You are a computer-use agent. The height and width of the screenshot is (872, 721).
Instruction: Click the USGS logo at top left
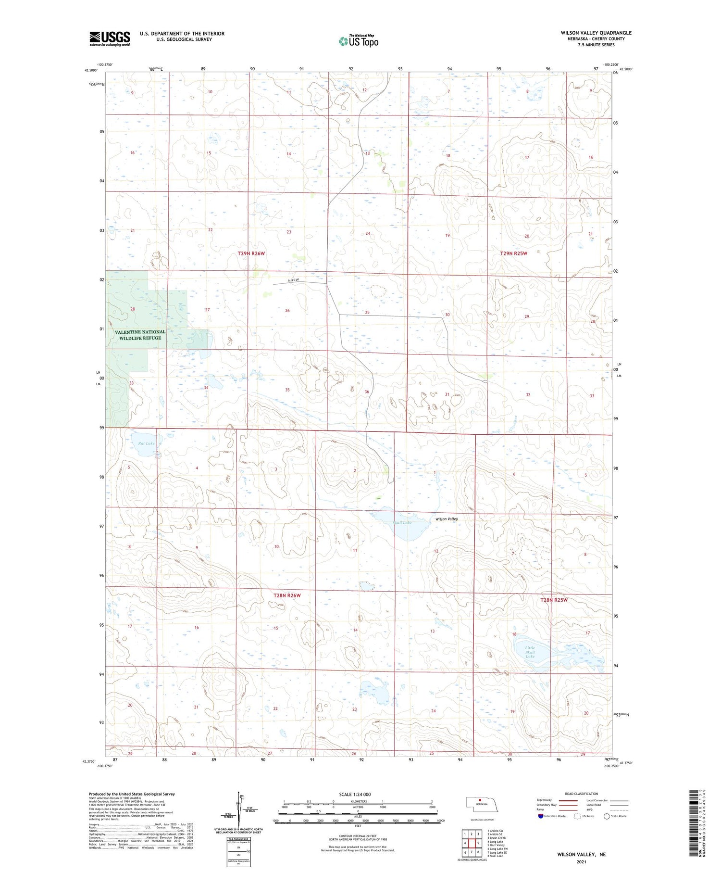(110, 38)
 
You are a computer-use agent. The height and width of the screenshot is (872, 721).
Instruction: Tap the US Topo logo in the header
(359, 41)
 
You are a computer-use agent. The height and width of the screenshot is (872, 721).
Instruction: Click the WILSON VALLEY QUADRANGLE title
(596, 33)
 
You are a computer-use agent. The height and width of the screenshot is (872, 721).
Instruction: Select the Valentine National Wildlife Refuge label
(140, 335)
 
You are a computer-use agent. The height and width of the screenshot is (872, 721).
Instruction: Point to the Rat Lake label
(146, 443)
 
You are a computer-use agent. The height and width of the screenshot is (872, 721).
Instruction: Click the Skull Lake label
(402, 522)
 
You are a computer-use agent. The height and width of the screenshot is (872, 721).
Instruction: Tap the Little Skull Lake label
(530, 652)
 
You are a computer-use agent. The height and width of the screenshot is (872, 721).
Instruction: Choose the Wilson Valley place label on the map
(447, 519)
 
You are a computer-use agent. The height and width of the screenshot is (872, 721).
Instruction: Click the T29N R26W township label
(251, 253)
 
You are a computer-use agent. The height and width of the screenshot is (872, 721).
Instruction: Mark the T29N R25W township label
(513, 253)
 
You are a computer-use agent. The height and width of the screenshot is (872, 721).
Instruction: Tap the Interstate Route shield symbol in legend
(541, 816)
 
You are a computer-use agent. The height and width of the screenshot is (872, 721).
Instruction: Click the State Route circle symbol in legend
(607, 816)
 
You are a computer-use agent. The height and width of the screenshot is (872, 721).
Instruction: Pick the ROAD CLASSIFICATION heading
(582, 794)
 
